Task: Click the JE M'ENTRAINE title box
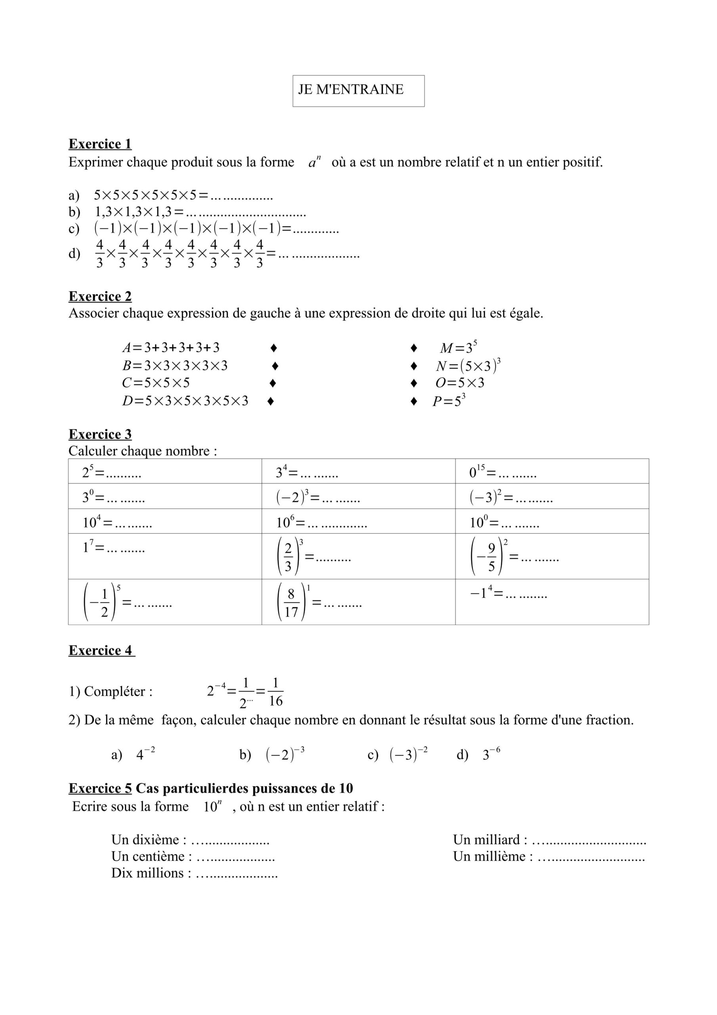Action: pyautogui.click(x=358, y=91)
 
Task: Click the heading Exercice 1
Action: pyautogui.click(x=100, y=144)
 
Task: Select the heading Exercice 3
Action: pyautogui.click(x=100, y=434)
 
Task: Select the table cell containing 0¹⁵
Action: pyautogui.click(x=552, y=471)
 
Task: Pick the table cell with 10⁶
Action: pyautogui.click(x=358, y=521)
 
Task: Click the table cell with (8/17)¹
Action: pyautogui.click(x=358, y=601)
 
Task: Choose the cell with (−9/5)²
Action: pyautogui.click(x=552, y=556)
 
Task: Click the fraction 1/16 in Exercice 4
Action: pyautogui.click(x=275, y=692)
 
